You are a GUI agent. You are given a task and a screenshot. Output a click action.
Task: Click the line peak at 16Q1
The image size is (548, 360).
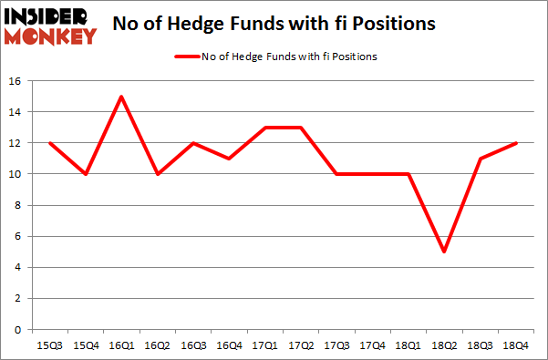(121, 97)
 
